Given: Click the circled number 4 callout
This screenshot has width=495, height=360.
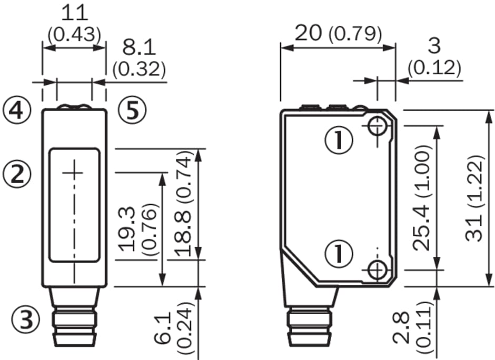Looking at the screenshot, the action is [x=17, y=111].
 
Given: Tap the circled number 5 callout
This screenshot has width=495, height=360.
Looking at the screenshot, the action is [x=132, y=111].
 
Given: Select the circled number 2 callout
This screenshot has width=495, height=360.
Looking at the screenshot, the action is [x=17, y=175].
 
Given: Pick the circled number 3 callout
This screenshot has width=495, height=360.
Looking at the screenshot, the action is [x=26, y=319].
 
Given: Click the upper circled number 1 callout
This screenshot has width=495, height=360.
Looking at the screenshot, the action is [x=339, y=139].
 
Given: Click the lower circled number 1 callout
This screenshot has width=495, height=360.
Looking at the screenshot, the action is [x=339, y=254].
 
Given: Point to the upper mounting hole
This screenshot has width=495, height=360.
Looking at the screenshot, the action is [x=377, y=126].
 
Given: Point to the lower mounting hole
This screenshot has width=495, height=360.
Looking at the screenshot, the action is [x=377, y=270].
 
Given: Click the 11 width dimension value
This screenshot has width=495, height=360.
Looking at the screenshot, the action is [x=74, y=13].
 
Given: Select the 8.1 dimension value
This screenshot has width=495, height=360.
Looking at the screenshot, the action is [x=139, y=48].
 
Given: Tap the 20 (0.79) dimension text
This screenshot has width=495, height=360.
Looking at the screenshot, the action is [x=338, y=33].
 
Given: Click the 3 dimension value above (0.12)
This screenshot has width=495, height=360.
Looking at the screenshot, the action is [x=434, y=46].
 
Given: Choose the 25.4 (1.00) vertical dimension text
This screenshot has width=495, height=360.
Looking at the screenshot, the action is [x=422, y=197].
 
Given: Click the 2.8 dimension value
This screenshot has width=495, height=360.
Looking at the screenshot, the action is [x=402, y=327].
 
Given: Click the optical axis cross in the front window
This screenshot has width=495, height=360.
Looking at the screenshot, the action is [x=75, y=173].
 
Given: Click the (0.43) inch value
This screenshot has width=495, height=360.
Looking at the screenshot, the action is [x=74, y=35].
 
